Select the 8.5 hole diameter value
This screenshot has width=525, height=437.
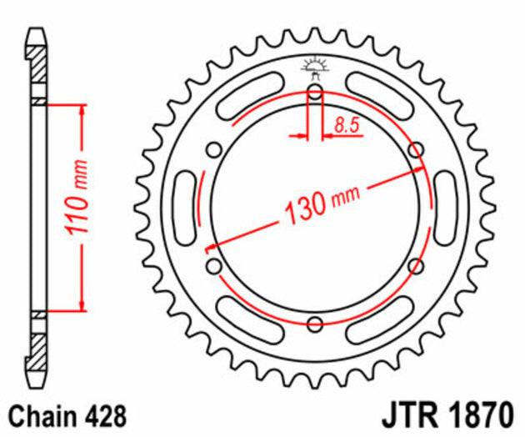(x=347, y=125)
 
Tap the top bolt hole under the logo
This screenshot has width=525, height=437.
(x=315, y=93)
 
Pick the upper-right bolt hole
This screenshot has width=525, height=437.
(x=416, y=150)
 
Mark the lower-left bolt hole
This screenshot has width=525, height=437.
(x=215, y=266)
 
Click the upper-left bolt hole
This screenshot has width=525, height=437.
(x=215, y=150)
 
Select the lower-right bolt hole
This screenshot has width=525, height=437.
(x=416, y=266)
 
